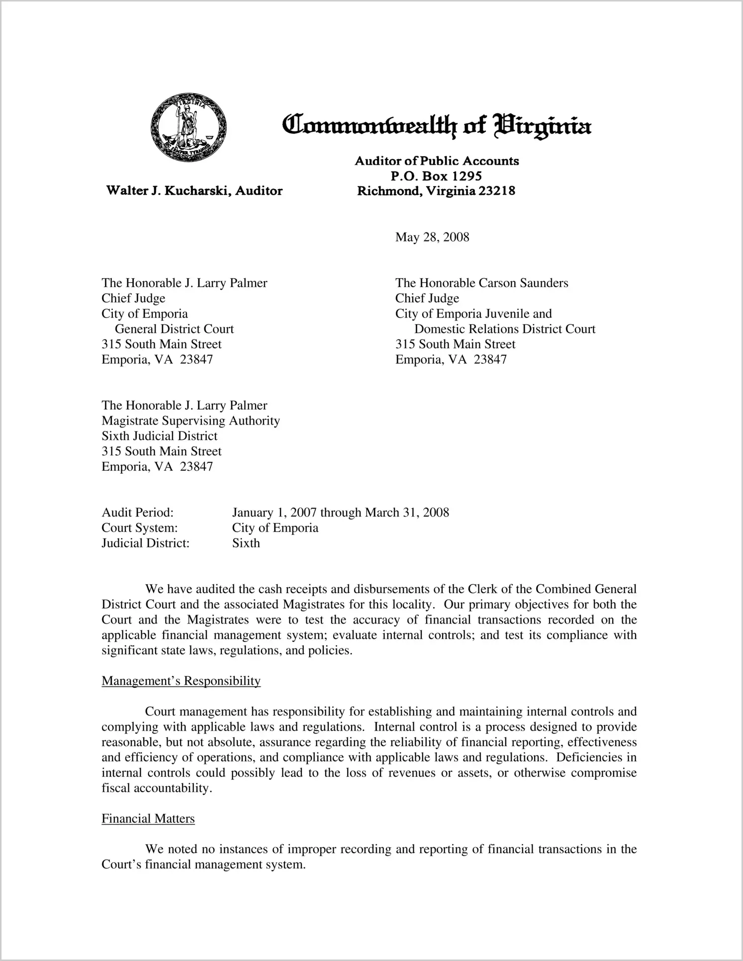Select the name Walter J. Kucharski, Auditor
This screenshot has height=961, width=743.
tap(194, 191)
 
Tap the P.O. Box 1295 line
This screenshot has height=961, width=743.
tap(436, 176)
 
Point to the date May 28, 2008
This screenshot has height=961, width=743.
tap(432, 237)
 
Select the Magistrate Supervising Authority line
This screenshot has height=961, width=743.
tap(190, 421)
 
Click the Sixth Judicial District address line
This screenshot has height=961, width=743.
tap(159, 436)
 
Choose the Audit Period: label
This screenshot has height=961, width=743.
tap(137, 513)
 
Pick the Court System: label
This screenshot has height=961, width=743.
tap(139, 528)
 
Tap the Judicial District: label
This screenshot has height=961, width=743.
tap(145, 543)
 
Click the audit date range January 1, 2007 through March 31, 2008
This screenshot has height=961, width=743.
tap(340, 513)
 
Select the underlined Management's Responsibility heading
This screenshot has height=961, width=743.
tap(181, 681)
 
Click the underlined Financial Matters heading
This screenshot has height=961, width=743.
tap(148, 819)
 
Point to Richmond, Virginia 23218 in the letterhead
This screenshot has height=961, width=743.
tap(436, 191)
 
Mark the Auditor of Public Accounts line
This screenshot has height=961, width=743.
tap(436, 161)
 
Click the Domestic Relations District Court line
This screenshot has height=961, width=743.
tap(504, 329)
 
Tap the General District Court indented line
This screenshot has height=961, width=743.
tap(174, 329)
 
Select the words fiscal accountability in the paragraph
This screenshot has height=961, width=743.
tap(156, 788)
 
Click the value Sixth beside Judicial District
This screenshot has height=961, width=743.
tap(246, 543)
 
